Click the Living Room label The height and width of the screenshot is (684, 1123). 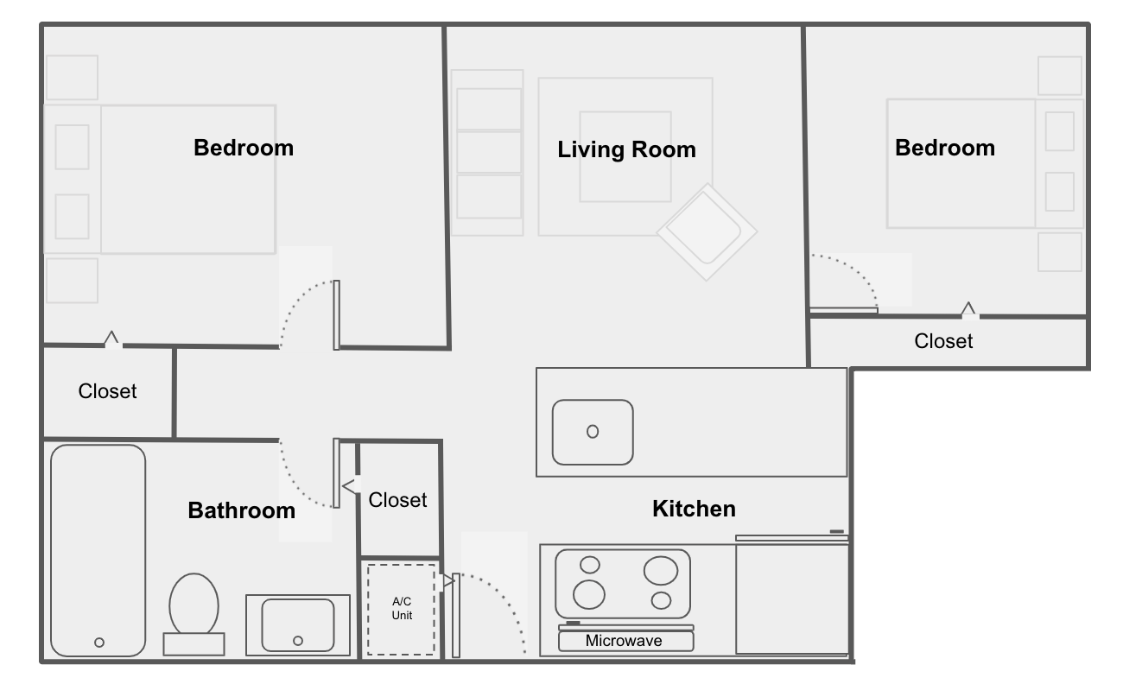[626, 149]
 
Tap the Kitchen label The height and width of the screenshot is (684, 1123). [694, 509]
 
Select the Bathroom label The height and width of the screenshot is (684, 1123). [242, 510]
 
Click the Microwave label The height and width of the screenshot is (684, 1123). [624, 641]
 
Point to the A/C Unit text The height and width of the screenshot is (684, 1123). [402, 608]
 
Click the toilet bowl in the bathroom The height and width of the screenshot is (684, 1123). [194, 604]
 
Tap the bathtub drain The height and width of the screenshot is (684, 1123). [99, 643]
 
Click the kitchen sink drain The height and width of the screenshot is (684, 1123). [593, 432]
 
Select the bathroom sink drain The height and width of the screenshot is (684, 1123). [298, 641]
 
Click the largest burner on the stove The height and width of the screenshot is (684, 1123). [661, 571]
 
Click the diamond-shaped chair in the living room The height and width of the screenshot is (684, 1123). [707, 232]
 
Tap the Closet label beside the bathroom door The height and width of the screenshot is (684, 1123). [397, 499]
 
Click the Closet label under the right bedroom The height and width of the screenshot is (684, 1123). [943, 341]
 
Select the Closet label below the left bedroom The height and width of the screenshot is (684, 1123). [107, 391]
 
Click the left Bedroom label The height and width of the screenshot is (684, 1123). [244, 148]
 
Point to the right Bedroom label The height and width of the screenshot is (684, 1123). [945, 148]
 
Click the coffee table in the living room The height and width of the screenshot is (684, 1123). [625, 157]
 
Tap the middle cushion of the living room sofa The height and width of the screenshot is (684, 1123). [489, 152]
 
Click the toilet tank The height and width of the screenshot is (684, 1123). [194, 644]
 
